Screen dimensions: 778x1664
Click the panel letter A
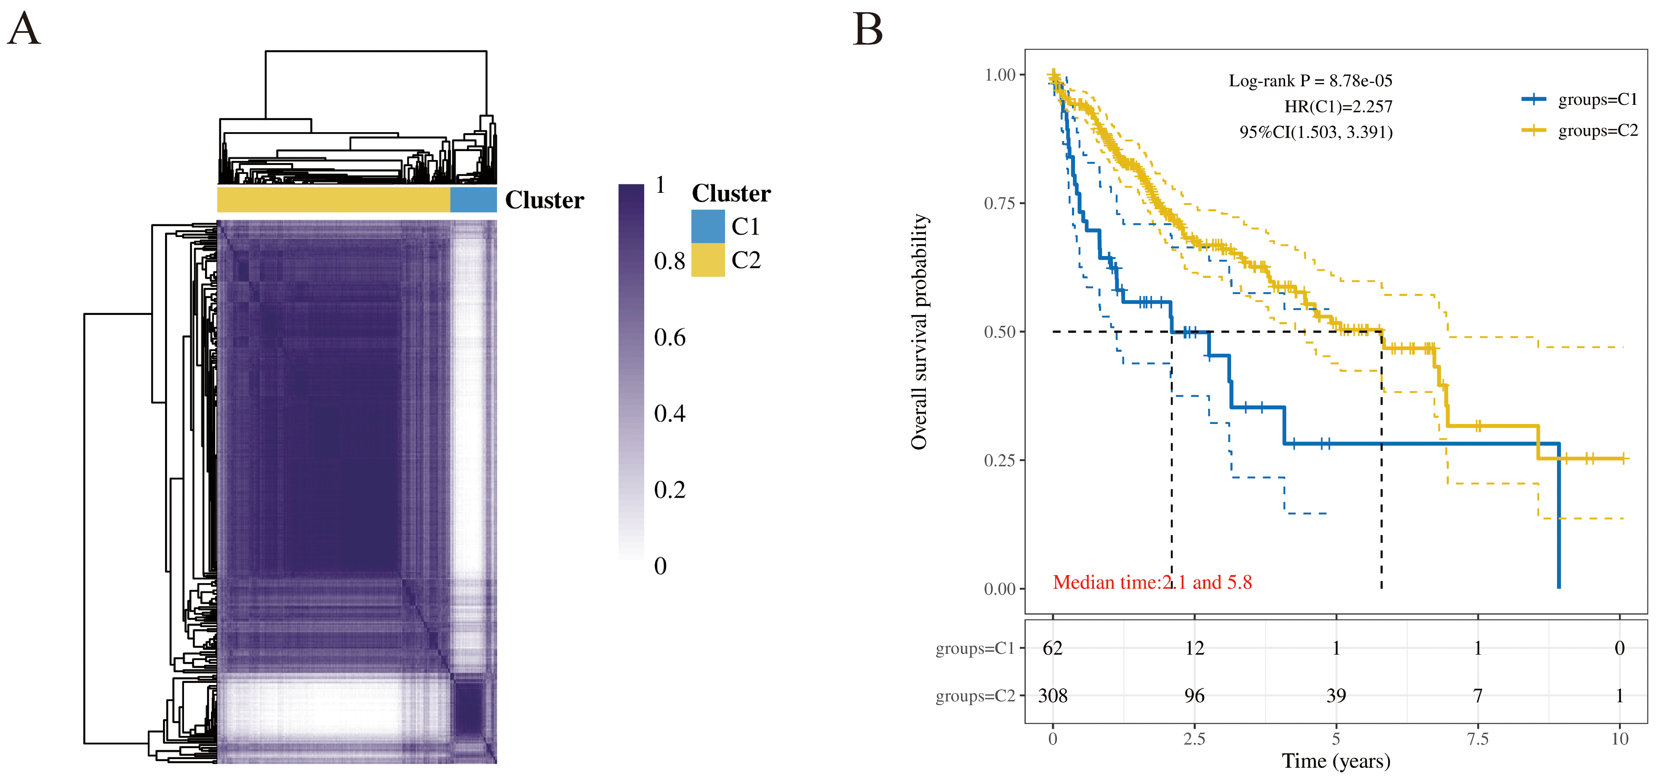click(24, 30)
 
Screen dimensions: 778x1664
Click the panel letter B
click(867, 30)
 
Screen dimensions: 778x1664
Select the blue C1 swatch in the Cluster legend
click(707, 226)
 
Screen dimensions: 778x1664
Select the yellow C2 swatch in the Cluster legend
click(707, 260)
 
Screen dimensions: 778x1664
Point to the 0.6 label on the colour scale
click(669, 337)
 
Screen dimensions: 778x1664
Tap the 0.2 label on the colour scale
click(669, 489)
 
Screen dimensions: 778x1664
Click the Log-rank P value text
click(1310, 81)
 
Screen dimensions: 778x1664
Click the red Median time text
click(1152, 582)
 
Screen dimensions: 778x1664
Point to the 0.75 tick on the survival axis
click(1000, 203)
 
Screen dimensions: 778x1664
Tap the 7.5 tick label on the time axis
click(1477, 738)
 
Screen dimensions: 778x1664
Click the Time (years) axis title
click(1336, 761)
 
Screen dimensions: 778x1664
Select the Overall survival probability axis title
click(919, 331)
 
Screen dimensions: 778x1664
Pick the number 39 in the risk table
click(1336, 695)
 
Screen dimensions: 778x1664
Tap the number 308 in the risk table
click(1052, 695)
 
